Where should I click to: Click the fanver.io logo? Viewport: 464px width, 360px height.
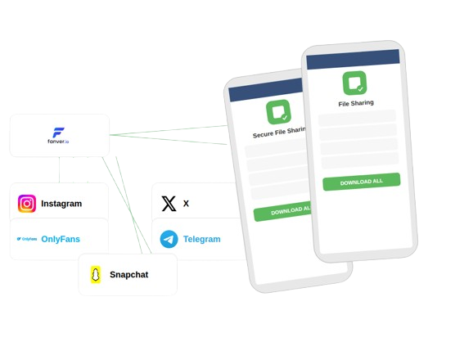point(58,136)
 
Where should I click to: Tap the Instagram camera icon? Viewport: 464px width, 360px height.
point(27,204)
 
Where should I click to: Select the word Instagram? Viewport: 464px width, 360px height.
point(61,204)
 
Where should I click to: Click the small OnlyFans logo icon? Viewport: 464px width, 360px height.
point(27,239)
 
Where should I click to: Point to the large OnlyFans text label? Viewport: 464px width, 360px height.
point(61,239)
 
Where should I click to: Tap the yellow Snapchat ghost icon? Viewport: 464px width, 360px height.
point(95,275)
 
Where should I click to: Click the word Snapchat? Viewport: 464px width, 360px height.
point(129,275)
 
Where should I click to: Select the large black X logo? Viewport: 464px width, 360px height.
point(169,204)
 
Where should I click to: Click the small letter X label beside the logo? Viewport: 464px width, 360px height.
point(186,204)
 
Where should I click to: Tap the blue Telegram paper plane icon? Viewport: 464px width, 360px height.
point(169,239)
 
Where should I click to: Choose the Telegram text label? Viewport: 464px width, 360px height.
point(202,239)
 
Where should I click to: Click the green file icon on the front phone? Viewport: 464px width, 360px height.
point(354,83)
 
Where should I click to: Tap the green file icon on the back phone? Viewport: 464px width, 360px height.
point(278,112)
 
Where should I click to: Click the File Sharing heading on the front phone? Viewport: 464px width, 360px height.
point(356,103)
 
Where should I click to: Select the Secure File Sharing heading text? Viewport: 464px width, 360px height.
point(279,133)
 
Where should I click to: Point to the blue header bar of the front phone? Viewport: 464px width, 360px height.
point(353,59)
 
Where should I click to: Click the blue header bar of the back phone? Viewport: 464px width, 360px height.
point(265,90)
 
